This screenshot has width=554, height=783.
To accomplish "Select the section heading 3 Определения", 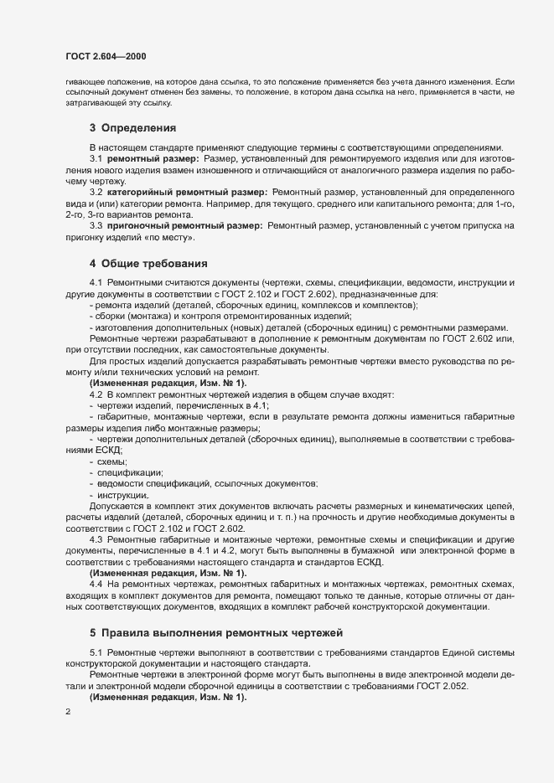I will coord(132,128).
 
